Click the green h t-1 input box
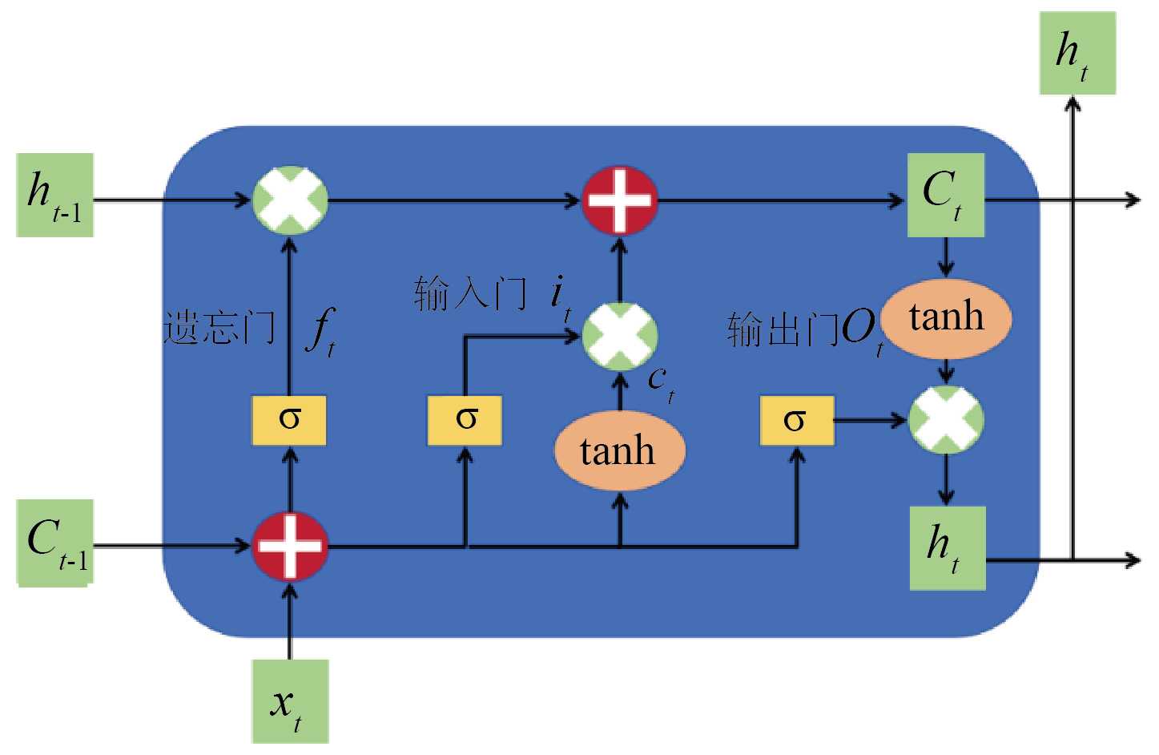54,195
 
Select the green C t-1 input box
55,543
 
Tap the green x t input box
290,701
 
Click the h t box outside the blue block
1077,53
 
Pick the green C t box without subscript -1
945,195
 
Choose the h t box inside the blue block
947,548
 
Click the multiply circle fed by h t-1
290,200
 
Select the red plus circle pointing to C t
619,200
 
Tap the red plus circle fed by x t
290,547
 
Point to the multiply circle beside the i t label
620,337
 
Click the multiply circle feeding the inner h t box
946,419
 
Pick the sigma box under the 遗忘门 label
289,420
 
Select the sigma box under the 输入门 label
465,420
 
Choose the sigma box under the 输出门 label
796,420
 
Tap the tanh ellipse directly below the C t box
946,317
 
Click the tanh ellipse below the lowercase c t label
619,450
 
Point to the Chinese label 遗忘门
219,328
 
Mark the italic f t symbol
321,330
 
